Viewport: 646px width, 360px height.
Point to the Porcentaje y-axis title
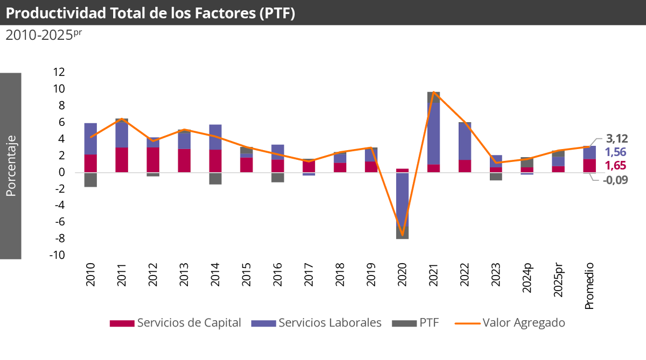[11, 166]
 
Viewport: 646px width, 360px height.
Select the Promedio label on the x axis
[589, 286]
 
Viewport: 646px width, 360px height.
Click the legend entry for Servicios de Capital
[175, 323]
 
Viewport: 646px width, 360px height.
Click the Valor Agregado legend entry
[510, 323]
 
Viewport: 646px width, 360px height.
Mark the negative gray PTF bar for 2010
[90, 179]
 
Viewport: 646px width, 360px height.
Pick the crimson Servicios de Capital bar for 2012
[153, 160]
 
